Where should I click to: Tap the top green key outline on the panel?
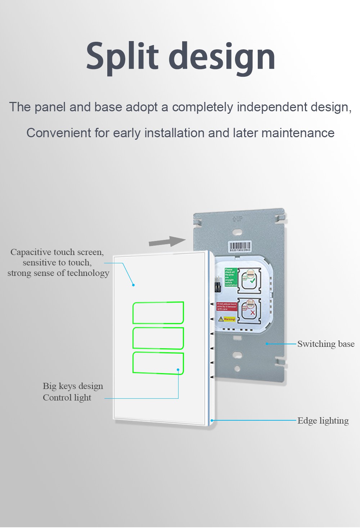[158, 313]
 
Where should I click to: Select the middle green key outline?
[158, 338]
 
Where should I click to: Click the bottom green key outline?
[158, 363]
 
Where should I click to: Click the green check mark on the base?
[252, 280]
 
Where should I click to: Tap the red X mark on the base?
[252, 313]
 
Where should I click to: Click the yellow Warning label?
[227, 319]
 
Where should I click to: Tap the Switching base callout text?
[326, 344]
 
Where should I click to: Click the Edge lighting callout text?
[323, 421]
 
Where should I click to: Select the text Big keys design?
[73, 386]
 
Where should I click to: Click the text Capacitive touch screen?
[57, 252]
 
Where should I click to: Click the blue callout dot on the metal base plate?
[267, 344]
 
